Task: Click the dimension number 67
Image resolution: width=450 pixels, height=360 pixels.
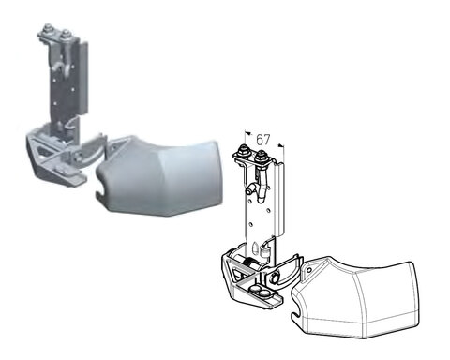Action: pos(263,140)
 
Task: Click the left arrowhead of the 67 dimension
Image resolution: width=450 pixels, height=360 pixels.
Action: pos(247,132)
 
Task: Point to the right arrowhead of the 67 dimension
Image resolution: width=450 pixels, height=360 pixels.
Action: pos(281,145)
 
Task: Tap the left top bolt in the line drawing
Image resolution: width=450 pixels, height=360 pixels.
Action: pos(243,150)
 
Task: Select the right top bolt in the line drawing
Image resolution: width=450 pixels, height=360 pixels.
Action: pos(260,156)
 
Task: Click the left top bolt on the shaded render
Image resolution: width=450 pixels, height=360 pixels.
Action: pos(48,28)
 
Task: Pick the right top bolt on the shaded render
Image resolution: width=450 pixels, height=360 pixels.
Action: pos(66,34)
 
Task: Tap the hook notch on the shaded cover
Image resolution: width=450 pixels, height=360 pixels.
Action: pos(102,194)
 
